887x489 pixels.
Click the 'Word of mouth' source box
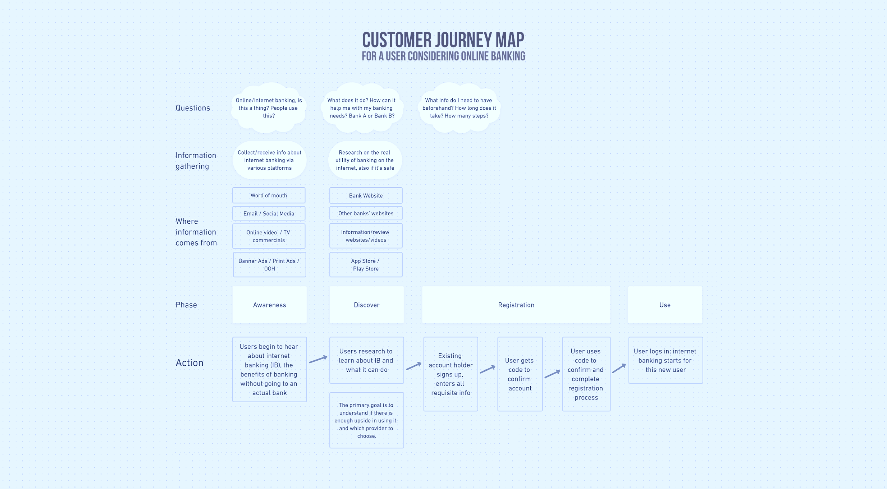(x=269, y=195)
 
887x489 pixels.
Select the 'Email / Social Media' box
(x=269, y=213)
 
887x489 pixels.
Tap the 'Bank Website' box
(x=366, y=195)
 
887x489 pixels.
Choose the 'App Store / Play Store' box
(x=366, y=265)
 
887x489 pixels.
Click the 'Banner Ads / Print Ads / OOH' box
(x=269, y=265)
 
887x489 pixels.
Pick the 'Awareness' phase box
(x=269, y=305)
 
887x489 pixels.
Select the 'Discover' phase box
(x=366, y=305)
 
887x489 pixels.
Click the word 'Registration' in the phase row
(x=516, y=305)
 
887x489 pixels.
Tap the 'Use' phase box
(x=665, y=305)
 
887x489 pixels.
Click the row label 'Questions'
(x=193, y=108)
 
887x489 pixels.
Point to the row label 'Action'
(x=189, y=362)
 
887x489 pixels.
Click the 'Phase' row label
(x=186, y=305)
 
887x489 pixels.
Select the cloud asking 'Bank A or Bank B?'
(x=362, y=108)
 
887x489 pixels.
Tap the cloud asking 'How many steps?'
(x=459, y=108)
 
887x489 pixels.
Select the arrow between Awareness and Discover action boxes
(x=318, y=359)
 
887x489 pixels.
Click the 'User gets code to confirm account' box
(x=520, y=374)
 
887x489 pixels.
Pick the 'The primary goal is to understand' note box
(x=366, y=420)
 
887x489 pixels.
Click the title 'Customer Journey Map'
(x=443, y=40)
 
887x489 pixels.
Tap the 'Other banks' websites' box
(x=366, y=213)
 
